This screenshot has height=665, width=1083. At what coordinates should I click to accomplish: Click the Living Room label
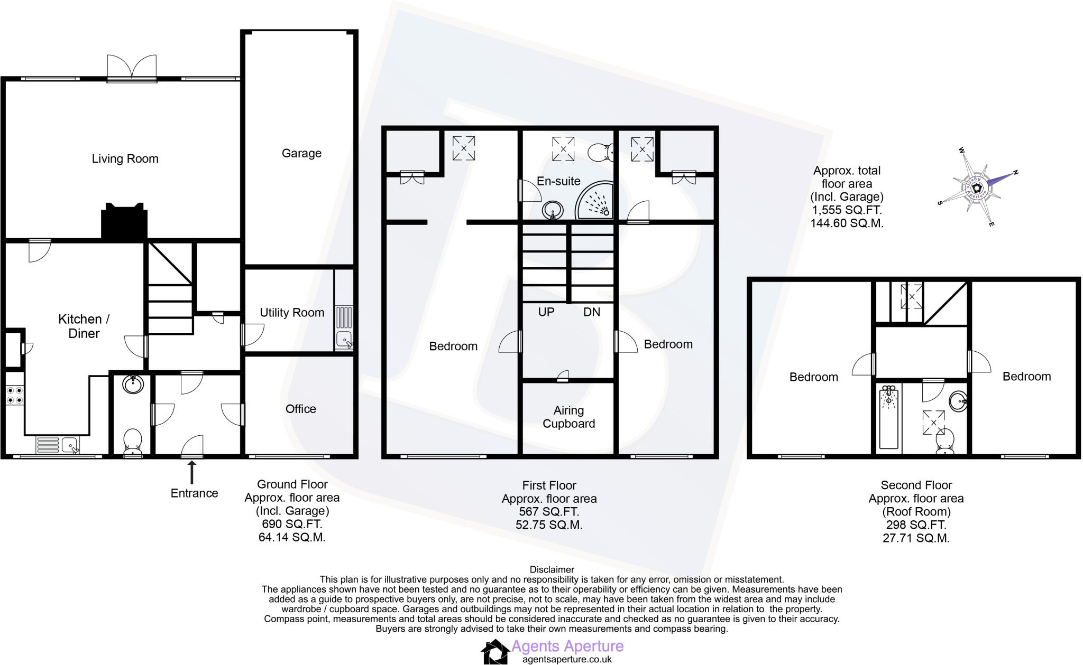tap(125, 158)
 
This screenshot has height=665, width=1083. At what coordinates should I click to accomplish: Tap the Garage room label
tap(301, 153)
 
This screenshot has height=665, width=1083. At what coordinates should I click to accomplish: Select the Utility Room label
tap(292, 312)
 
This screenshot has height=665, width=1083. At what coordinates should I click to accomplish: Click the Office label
tap(300, 409)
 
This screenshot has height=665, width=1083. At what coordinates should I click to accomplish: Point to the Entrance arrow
tap(192, 472)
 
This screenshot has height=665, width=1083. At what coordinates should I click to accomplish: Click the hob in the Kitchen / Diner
tap(14, 395)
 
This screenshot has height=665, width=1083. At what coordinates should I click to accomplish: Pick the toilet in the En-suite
tap(601, 152)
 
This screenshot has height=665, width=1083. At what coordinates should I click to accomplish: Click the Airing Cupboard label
tap(568, 417)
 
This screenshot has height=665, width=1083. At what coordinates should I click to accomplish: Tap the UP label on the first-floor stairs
tap(546, 312)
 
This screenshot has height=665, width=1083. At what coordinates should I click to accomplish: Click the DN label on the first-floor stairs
tap(591, 312)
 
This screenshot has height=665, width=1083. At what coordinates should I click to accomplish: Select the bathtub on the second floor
tap(889, 417)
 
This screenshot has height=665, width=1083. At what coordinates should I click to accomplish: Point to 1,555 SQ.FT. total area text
tap(847, 210)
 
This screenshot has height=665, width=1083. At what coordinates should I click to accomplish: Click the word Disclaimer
tap(552, 569)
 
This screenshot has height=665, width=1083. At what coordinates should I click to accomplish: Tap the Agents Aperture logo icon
tap(495, 651)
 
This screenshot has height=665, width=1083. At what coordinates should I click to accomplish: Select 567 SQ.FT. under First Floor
tap(549, 511)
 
